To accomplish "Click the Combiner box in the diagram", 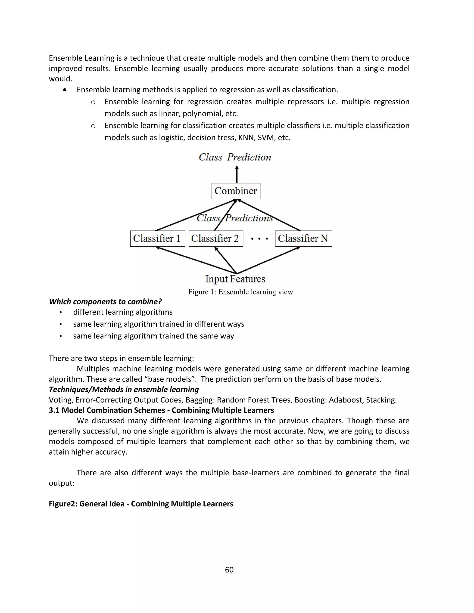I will point(236,191).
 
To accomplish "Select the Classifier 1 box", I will point(158,238).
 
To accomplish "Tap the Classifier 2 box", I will point(216,238).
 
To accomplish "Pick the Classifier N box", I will point(303,238).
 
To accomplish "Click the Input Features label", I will point(235,279).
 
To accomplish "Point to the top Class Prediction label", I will point(235,157).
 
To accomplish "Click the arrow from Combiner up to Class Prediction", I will point(237,175).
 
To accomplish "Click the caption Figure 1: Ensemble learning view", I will point(240,292).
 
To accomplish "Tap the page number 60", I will point(229,570).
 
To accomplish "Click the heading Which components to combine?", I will point(105,302).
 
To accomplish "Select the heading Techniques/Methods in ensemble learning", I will point(124,390).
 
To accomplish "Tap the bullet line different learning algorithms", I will point(123,312).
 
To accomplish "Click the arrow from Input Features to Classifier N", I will point(268,260).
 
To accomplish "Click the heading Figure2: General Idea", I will point(141,504).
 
